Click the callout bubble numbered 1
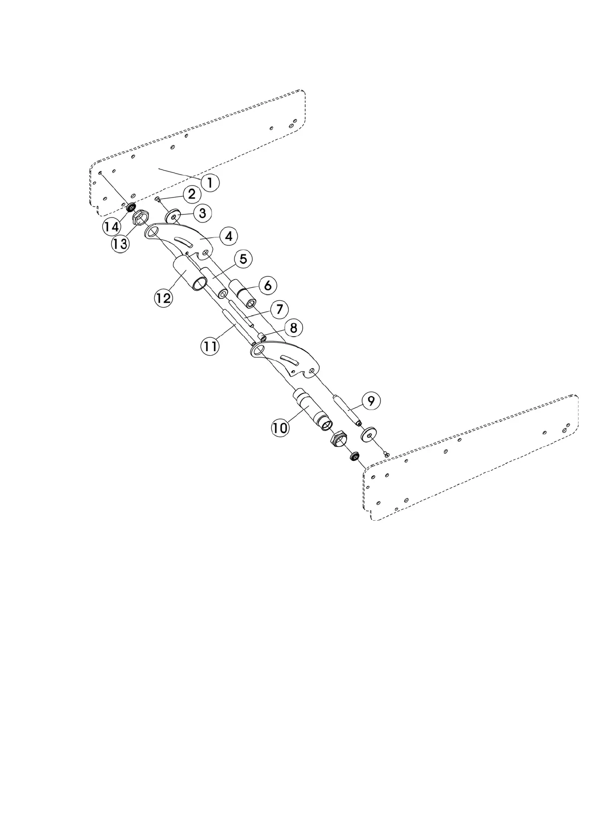click(210, 183)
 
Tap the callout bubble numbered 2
click(192, 194)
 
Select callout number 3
click(202, 213)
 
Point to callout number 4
click(228, 236)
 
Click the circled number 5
click(243, 259)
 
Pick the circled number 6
click(267, 286)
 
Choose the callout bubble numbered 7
click(279, 309)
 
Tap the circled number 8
click(293, 328)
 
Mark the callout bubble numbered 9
click(371, 401)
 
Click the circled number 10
click(280, 427)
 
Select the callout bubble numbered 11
click(210, 345)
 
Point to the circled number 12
click(164, 298)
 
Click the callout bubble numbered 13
click(120, 244)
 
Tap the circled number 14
click(112, 226)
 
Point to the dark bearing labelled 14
click(132, 207)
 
